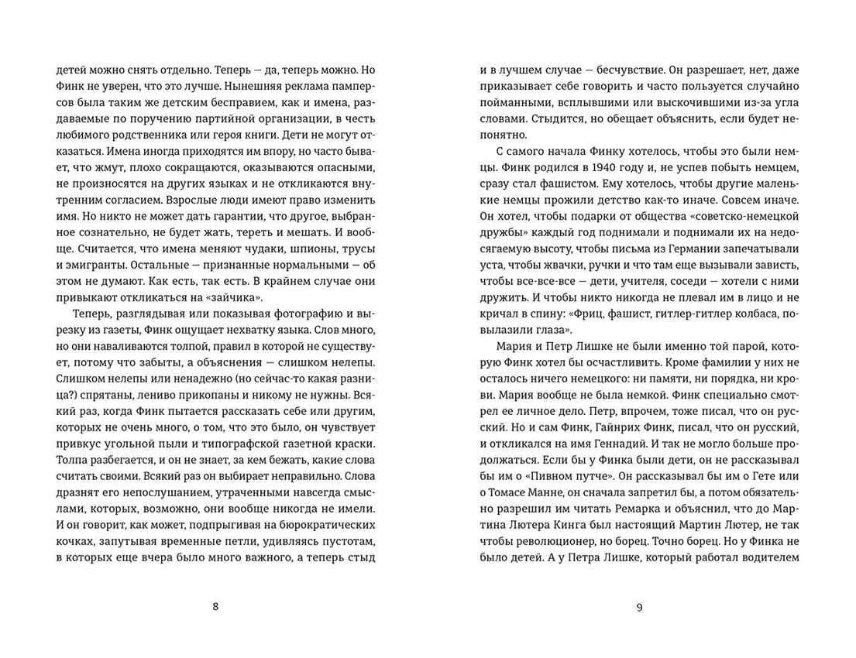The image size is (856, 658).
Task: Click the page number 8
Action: click(215, 607)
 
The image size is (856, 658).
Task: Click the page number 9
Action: click(639, 607)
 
